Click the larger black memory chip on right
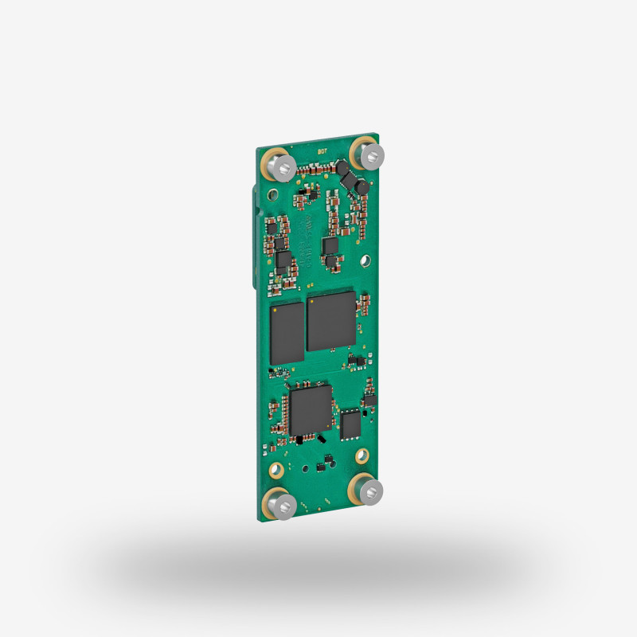(x=330, y=321)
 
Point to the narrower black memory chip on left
(x=287, y=333)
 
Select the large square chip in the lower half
(x=310, y=411)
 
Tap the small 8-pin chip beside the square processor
(x=350, y=424)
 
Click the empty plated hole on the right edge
(x=365, y=260)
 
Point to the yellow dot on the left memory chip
(x=275, y=309)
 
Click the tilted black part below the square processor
(x=320, y=439)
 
